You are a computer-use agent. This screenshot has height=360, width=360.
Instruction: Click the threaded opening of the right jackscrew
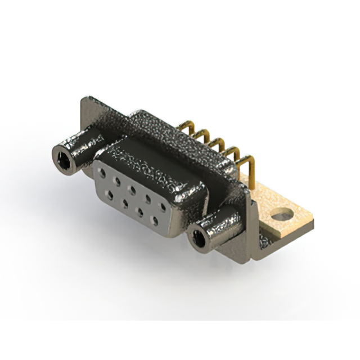[x=199, y=238]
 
